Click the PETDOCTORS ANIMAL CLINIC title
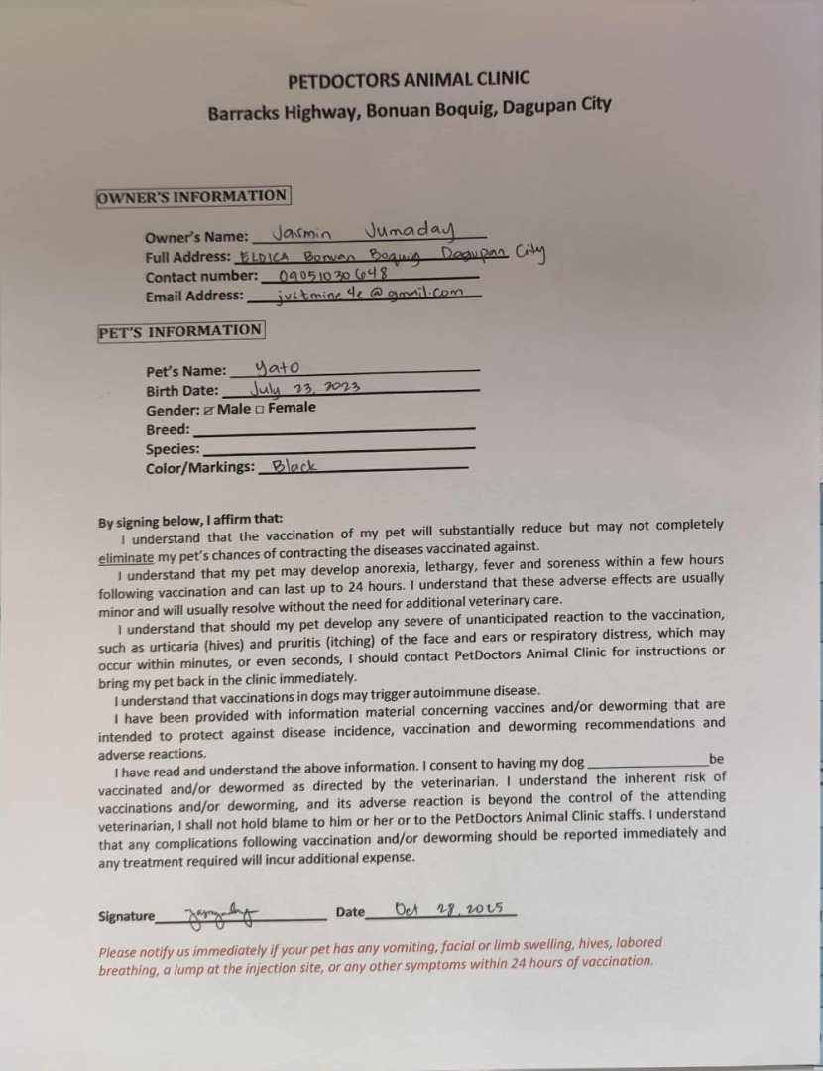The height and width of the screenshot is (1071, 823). [409, 80]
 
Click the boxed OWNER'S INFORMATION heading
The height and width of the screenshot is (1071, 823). [192, 196]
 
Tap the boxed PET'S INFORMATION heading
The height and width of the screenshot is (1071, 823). [180, 331]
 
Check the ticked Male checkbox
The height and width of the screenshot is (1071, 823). [209, 409]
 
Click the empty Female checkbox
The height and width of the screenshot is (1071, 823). [259, 409]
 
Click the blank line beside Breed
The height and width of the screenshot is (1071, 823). [334, 429]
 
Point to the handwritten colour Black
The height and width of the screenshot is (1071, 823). [294, 465]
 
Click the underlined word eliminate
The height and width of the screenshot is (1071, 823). [126, 558]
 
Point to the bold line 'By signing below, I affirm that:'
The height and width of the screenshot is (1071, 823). [190, 520]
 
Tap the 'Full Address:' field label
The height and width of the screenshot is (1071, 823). [187, 257]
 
